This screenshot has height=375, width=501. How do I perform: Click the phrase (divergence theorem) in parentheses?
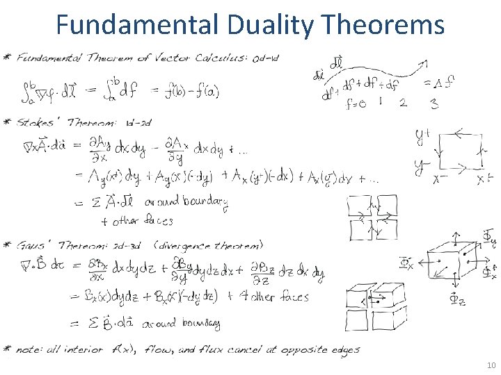209,245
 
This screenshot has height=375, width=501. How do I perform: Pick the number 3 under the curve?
434,103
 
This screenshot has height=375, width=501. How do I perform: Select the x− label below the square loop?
439,179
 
